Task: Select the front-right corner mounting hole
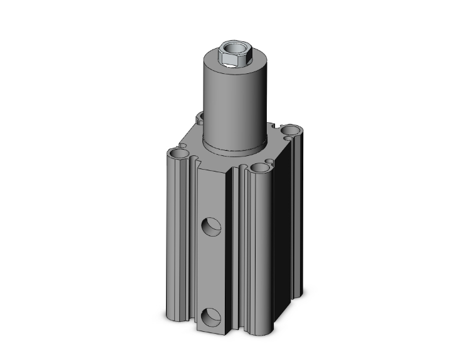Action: [x=259, y=168]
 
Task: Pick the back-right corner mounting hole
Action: [x=291, y=131]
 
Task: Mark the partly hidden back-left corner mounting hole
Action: [x=201, y=117]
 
